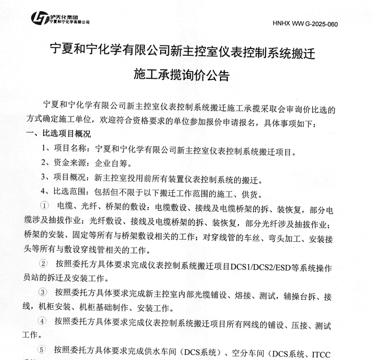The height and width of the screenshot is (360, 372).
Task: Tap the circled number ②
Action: pos(45,264)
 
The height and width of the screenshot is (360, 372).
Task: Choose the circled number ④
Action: pos(45,322)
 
